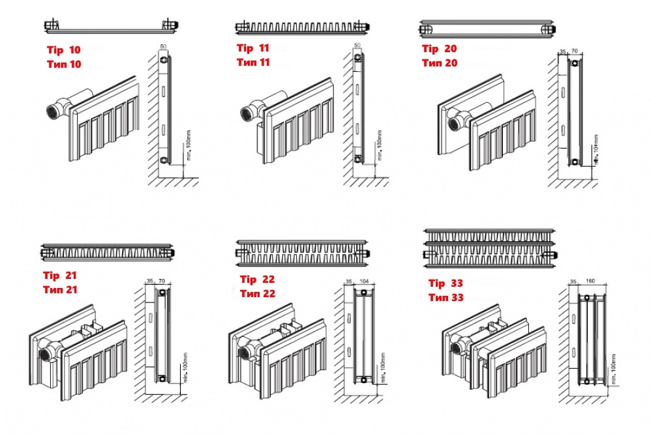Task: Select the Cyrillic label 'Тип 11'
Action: coord(253,63)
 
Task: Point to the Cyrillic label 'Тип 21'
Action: coord(60,289)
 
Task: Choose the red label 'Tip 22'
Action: coord(257,280)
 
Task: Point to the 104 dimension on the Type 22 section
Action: coord(364,282)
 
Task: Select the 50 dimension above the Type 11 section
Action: coord(357,45)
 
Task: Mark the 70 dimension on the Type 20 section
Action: coord(575,50)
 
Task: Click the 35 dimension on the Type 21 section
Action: coord(150,282)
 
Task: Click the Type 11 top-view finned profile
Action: coord(303,27)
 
